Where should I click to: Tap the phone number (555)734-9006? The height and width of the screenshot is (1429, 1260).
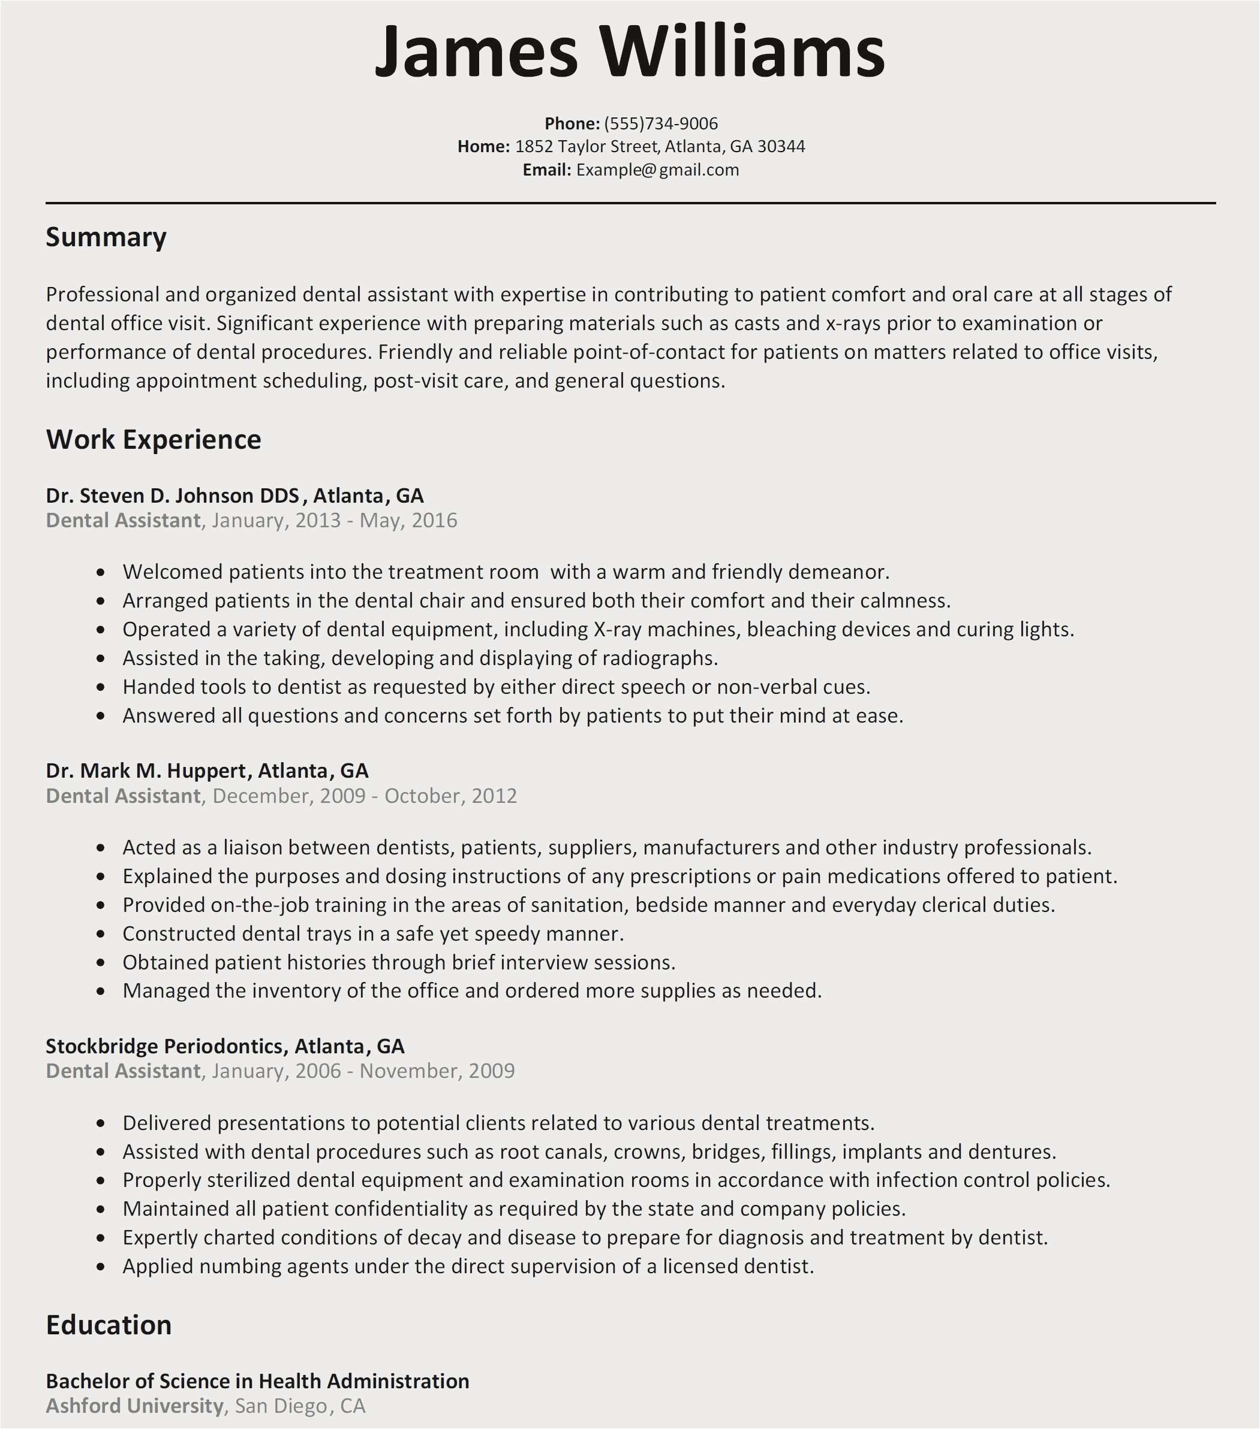pyautogui.click(x=660, y=124)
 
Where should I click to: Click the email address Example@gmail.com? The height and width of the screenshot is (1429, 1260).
pyautogui.click(x=657, y=170)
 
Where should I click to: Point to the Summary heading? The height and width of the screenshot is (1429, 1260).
pyautogui.click(x=106, y=238)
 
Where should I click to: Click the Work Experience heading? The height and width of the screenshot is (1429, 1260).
pyautogui.click(x=153, y=440)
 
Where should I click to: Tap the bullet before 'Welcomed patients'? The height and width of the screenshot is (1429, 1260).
pyautogui.click(x=101, y=573)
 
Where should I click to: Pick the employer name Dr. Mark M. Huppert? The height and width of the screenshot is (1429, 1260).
pyautogui.click(x=146, y=771)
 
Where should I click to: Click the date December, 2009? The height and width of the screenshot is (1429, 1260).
pyautogui.click(x=289, y=796)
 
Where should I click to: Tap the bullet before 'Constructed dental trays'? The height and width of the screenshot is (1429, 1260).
pyautogui.click(x=101, y=935)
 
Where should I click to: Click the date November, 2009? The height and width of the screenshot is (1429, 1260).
pyautogui.click(x=437, y=1071)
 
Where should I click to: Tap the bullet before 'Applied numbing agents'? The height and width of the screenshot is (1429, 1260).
pyautogui.click(x=101, y=1267)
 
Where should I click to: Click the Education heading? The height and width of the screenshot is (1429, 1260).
pyautogui.click(x=109, y=1325)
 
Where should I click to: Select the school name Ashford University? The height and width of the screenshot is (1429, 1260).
pyautogui.click(x=134, y=1406)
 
